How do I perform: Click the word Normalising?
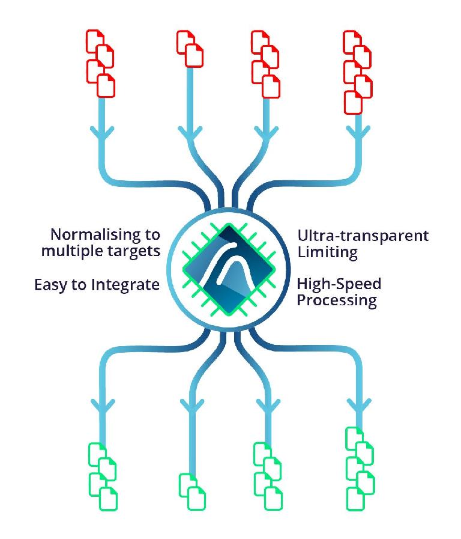coord(95,235)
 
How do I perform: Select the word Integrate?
coord(125,285)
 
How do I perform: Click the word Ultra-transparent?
coord(363,236)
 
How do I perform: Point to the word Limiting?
coord(328,252)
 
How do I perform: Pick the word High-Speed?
coord(339,285)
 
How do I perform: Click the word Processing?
coord(337,300)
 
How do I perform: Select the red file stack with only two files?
coord(190,49)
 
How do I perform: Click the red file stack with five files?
coord(358,72)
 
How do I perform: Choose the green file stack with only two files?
coord(192,492)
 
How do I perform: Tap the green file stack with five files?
coord(360,469)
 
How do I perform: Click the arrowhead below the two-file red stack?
coord(190,134)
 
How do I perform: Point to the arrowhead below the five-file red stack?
coord(358,134)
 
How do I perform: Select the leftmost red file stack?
coord(100,64)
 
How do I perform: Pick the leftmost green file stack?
coord(103,477)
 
